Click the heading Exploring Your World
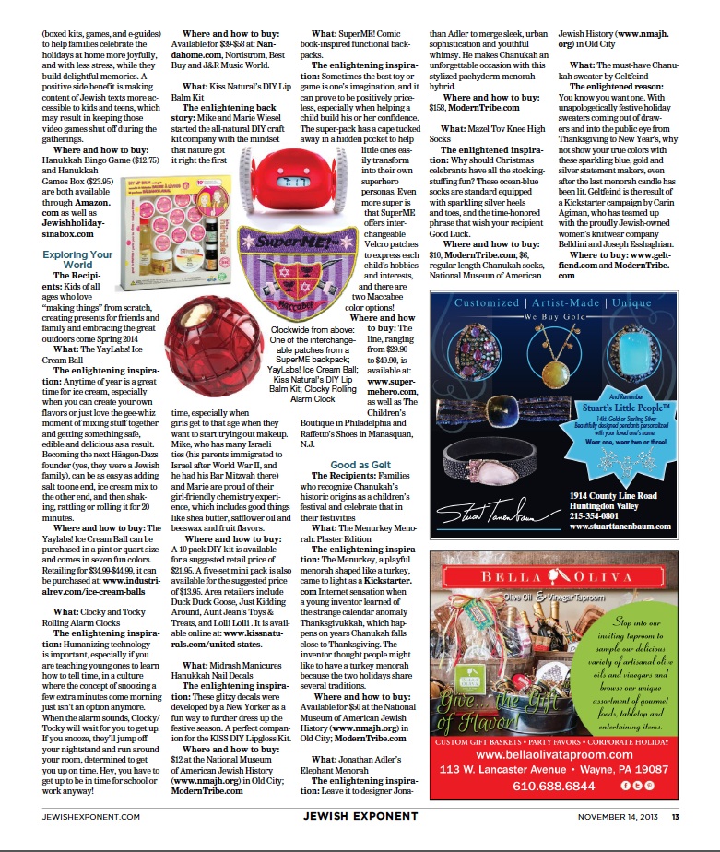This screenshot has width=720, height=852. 77,259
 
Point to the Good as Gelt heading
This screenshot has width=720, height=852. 361,465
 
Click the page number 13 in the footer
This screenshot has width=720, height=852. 675,816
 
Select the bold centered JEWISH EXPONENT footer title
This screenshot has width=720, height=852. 360,816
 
